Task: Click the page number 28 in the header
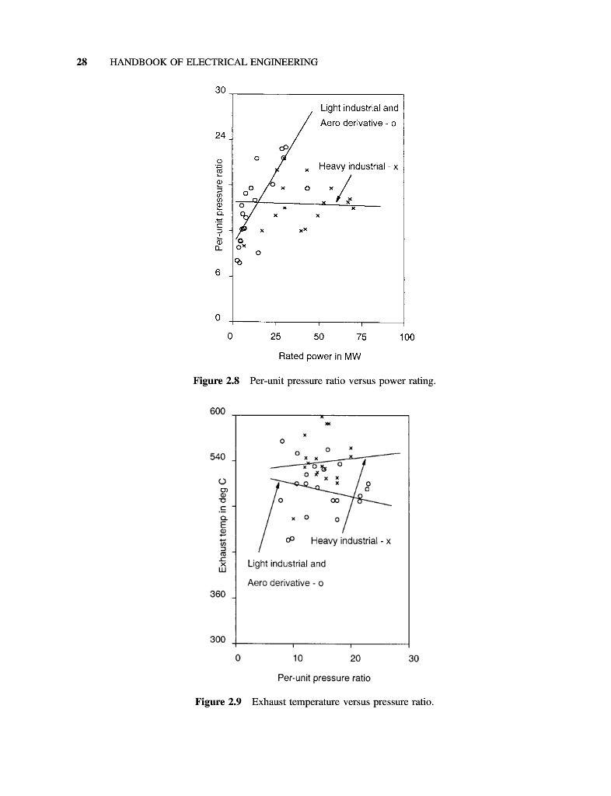click(x=81, y=62)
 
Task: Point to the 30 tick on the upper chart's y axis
click(x=220, y=92)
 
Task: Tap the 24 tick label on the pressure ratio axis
click(x=220, y=137)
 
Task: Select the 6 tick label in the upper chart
click(x=222, y=275)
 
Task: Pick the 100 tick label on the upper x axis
click(x=407, y=337)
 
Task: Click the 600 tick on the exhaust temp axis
click(x=218, y=412)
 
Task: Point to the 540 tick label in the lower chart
click(x=218, y=458)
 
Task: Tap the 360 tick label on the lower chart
click(x=218, y=595)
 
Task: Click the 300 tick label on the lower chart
click(x=218, y=641)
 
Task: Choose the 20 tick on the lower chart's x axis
click(x=352, y=658)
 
